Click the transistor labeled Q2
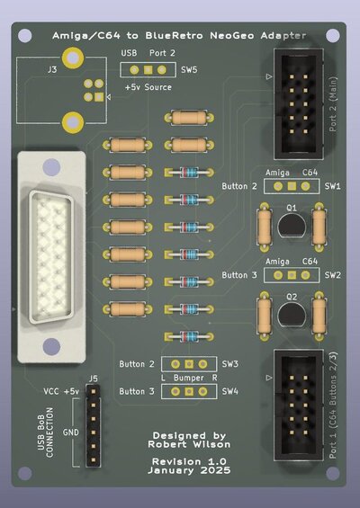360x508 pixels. pyautogui.click(x=291, y=314)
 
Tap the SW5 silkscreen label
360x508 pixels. pyautogui.click(x=189, y=69)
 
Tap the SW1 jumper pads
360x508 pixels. pyautogui.click(x=290, y=186)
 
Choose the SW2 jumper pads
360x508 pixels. pyautogui.click(x=290, y=275)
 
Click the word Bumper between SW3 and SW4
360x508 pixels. pyautogui.click(x=189, y=378)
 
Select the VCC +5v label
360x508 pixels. pyautogui.click(x=61, y=392)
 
